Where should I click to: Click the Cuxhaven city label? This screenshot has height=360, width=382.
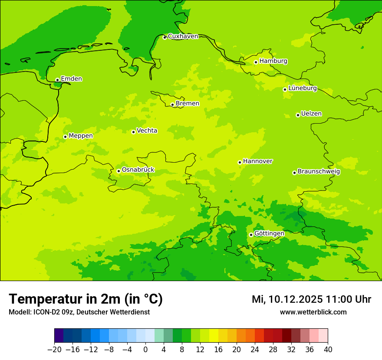click(x=183, y=36)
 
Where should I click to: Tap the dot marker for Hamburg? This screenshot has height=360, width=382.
click(x=256, y=62)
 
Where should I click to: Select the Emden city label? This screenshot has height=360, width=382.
click(x=71, y=79)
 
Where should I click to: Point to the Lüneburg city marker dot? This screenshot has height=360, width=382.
click(x=285, y=89)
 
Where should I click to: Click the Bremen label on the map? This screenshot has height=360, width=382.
click(x=188, y=104)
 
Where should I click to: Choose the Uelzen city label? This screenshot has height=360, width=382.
click(x=311, y=114)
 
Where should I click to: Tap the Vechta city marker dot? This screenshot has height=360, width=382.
click(x=133, y=132)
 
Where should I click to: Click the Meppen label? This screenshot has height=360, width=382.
click(x=81, y=136)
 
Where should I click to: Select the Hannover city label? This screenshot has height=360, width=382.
click(x=257, y=161)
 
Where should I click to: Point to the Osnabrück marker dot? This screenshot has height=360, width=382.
click(x=119, y=171)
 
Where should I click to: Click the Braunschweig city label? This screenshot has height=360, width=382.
click(x=319, y=172)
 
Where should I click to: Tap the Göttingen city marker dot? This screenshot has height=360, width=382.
click(x=251, y=235)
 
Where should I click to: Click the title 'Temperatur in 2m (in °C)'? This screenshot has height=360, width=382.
click(x=86, y=299)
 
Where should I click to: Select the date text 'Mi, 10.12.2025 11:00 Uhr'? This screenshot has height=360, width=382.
click(x=311, y=299)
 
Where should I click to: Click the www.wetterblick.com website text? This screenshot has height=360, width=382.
click(x=313, y=312)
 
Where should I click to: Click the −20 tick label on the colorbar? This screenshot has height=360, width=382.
click(x=54, y=350)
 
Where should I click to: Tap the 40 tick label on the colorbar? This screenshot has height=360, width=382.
click(x=328, y=350)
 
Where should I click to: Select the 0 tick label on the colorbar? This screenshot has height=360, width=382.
click(x=145, y=350)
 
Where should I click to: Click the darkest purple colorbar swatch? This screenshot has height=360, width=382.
click(x=59, y=336)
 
